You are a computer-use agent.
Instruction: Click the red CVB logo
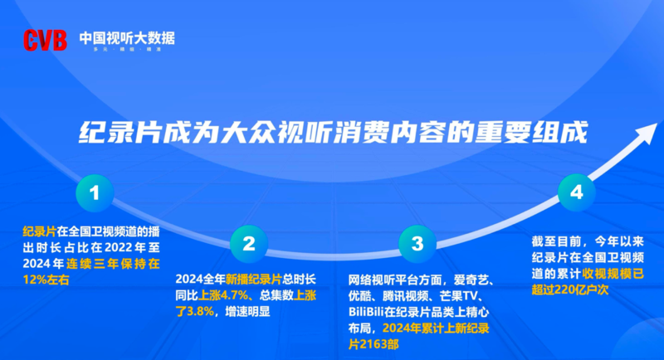tap(45, 40)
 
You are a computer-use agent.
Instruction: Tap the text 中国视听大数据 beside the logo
tap(127, 38)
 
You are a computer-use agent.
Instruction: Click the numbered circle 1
tap(95, 193)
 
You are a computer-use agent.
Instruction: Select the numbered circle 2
tap(249, 244)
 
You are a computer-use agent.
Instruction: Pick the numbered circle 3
tap(417, 244)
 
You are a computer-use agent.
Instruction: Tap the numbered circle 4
tap(576, 192)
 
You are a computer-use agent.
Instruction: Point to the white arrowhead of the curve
tap(647, 133)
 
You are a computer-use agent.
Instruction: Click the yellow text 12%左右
tap(46, 280)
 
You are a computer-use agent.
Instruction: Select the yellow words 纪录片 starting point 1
tap(39, 231)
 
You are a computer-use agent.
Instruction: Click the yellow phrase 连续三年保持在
tap(113, 264)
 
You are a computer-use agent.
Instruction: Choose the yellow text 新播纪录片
tap(253, 280)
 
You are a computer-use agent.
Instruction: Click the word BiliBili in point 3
tap(366, 312)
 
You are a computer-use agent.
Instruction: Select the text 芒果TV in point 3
tap(459, 296)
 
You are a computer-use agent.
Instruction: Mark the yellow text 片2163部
tap(373, 344)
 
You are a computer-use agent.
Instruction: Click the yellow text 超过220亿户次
tap(570, 289)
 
